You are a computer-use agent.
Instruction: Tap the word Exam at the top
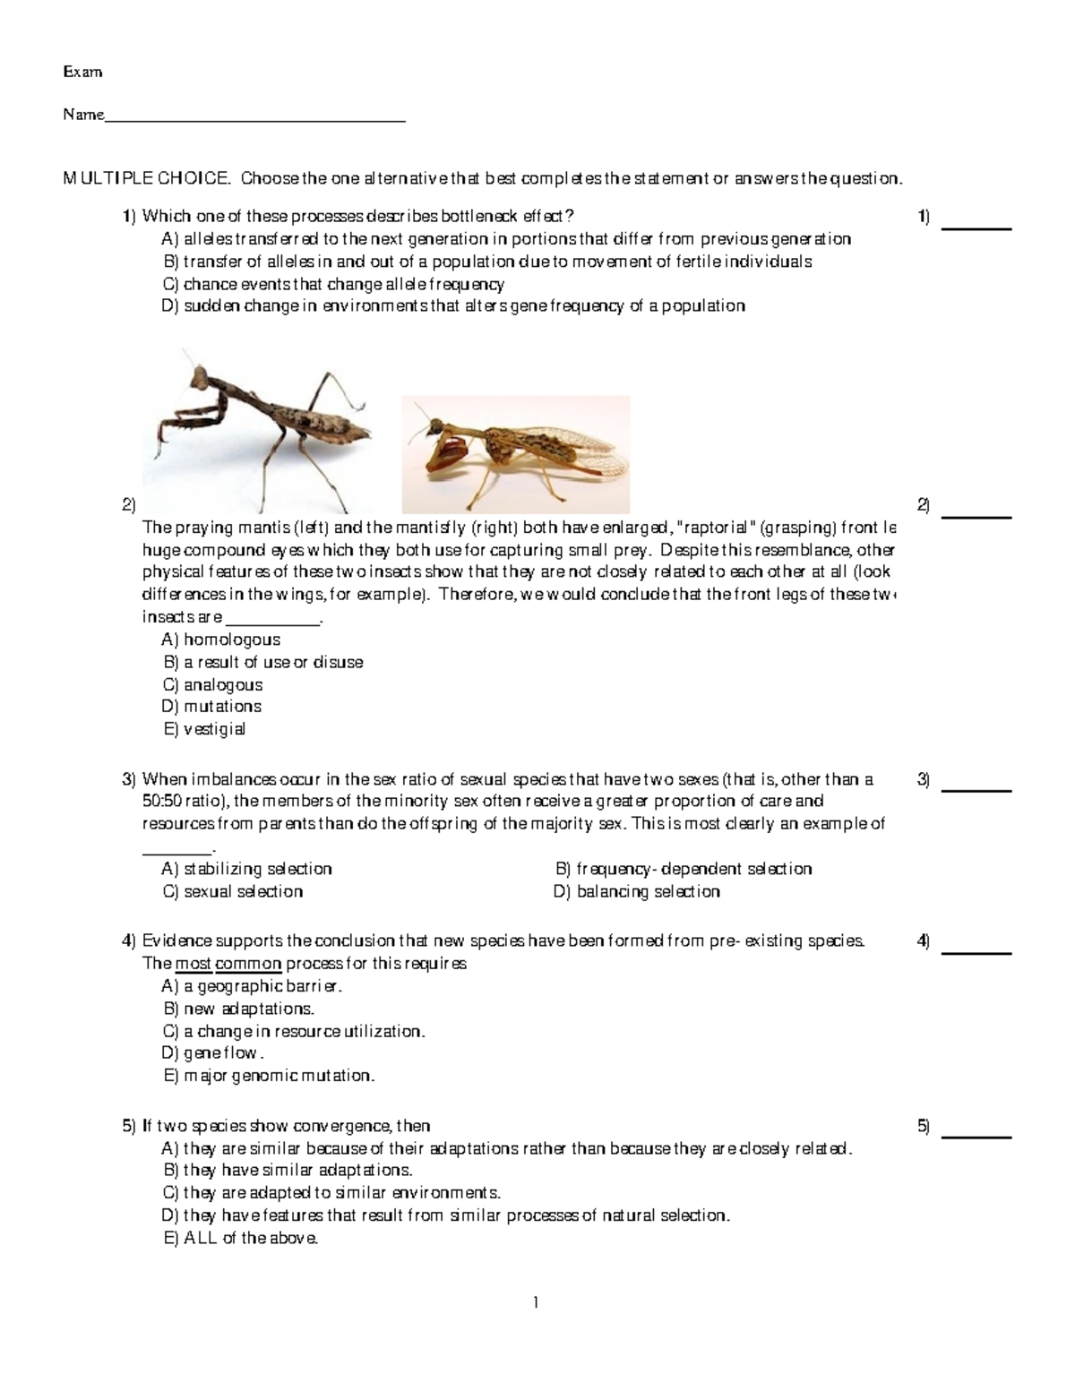(x=82, y=72)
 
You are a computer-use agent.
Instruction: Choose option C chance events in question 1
(x=333, y=285)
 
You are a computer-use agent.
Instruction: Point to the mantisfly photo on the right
(x=516, y=454)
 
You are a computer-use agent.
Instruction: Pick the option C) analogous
(x=212, y=685)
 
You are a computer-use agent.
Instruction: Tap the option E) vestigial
(x=204, y=729)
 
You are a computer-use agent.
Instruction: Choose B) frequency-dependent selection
(x=684, y=869)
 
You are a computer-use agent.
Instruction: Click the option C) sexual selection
(x=233, y=892)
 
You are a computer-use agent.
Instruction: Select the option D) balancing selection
(x=637, y=892)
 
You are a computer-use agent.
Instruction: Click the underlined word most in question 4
(x=193, y=965)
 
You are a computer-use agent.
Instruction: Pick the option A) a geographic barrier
(x=252, y=987)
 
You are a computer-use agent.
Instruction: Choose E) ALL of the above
(x=241, y=1239)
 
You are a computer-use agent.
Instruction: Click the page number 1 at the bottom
(x=536, y=1303)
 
